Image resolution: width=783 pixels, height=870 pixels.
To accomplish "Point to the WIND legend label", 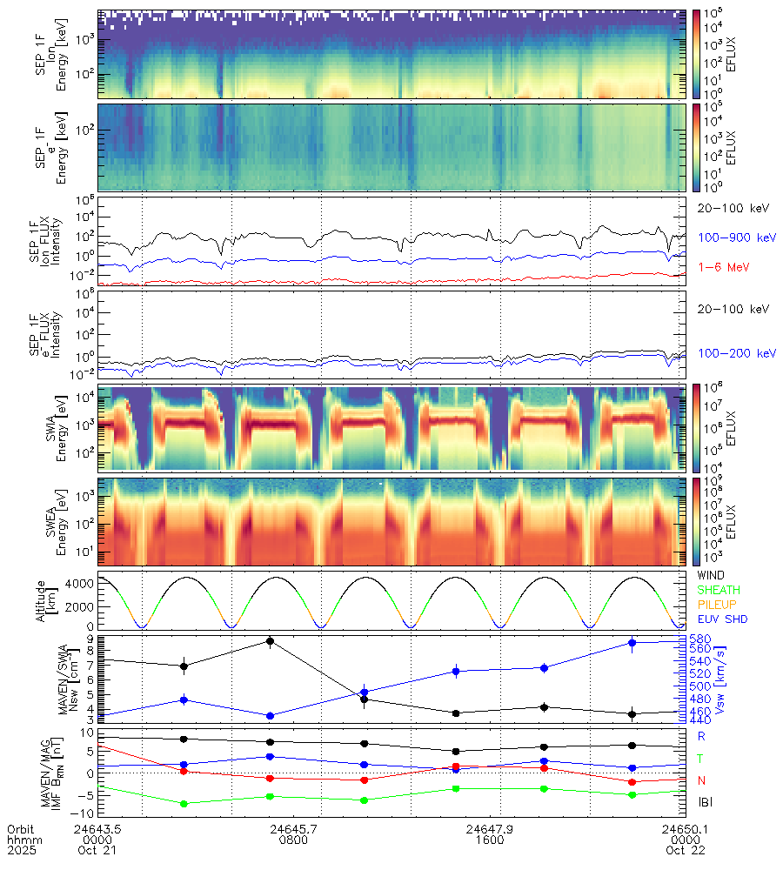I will click(x=712, y=575).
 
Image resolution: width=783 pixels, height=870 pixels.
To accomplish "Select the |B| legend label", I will click(x=705, y=801).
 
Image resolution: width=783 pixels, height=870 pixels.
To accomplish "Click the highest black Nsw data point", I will click(x=271, y=641).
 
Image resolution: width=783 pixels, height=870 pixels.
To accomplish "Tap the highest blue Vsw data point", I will click(x=632, y=643).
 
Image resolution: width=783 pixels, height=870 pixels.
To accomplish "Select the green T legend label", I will click(x=701, y=758).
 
